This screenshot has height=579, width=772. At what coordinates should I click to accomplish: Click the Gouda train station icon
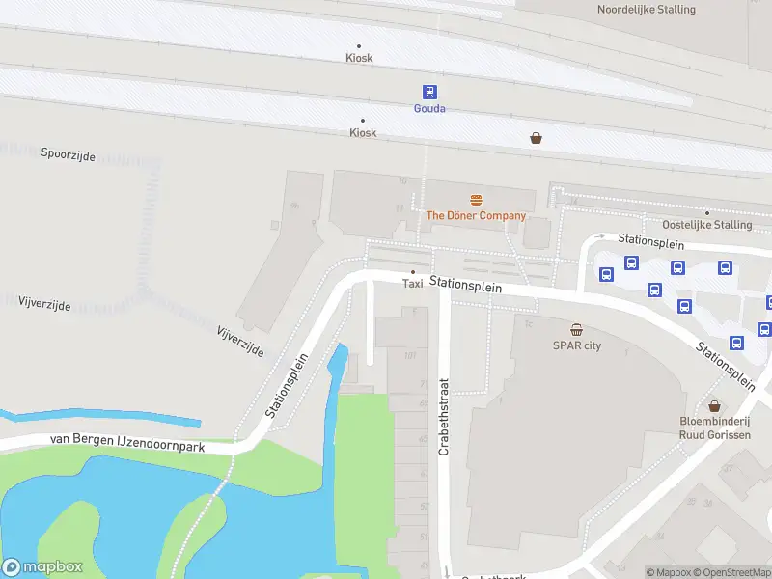429,92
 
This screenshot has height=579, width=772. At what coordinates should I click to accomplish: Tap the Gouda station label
429,109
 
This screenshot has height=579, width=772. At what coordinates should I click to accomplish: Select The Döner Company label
476,216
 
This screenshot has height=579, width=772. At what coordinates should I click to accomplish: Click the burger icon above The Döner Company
476,200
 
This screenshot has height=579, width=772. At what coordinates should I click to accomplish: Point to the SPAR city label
576,345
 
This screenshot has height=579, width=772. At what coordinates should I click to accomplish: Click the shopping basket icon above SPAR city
576,329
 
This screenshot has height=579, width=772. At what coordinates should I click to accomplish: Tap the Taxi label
412,284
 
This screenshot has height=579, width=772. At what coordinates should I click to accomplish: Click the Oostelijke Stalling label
707,225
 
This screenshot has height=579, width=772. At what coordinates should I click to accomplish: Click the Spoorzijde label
69,154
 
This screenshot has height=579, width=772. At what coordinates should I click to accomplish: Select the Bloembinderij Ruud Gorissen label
715,427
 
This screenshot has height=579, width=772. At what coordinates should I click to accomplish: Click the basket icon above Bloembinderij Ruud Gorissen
715,406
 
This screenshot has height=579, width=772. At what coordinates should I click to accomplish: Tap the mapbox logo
42,567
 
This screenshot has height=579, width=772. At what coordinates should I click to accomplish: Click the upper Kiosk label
359,58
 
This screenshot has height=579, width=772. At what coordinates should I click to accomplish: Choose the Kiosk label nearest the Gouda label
363,132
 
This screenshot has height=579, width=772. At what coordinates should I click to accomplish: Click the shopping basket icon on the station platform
536,138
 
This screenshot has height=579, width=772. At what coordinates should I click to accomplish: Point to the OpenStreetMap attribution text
731,572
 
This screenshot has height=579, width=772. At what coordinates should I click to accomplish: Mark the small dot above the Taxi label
413,272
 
